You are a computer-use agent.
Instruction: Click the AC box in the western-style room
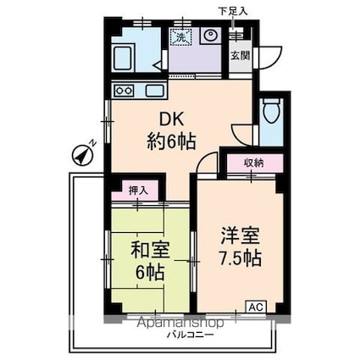(x=257, y=307)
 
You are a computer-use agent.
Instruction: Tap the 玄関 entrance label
(x=241, y=56)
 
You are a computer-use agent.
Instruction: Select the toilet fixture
(x=271, y=110)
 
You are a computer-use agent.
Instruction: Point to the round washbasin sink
(x=210, y=35)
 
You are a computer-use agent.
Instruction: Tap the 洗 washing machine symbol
(x=180, y=36)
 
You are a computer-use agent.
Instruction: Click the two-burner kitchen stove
(x=125, y=91)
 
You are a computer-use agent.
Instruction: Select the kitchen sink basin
(x=154, y=91)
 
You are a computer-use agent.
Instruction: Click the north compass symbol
(x=83, y=155)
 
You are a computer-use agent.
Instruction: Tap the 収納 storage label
(x=254, y=163)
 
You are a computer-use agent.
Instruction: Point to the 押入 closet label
(x=138, y=191)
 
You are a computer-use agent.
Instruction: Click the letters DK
(x=171, y=120)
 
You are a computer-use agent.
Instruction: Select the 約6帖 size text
(x=171, y=141)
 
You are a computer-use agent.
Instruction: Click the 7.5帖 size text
(x=241, y=258)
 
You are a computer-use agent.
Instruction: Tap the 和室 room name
(x=150, y=251)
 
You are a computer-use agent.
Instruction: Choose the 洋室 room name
(x=240, y=236)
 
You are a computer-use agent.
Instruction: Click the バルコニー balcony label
(x=190, y=335)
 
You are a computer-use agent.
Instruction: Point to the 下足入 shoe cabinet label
(x=233, y=11)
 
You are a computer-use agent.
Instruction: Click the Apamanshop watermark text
(x=180, y=323)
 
